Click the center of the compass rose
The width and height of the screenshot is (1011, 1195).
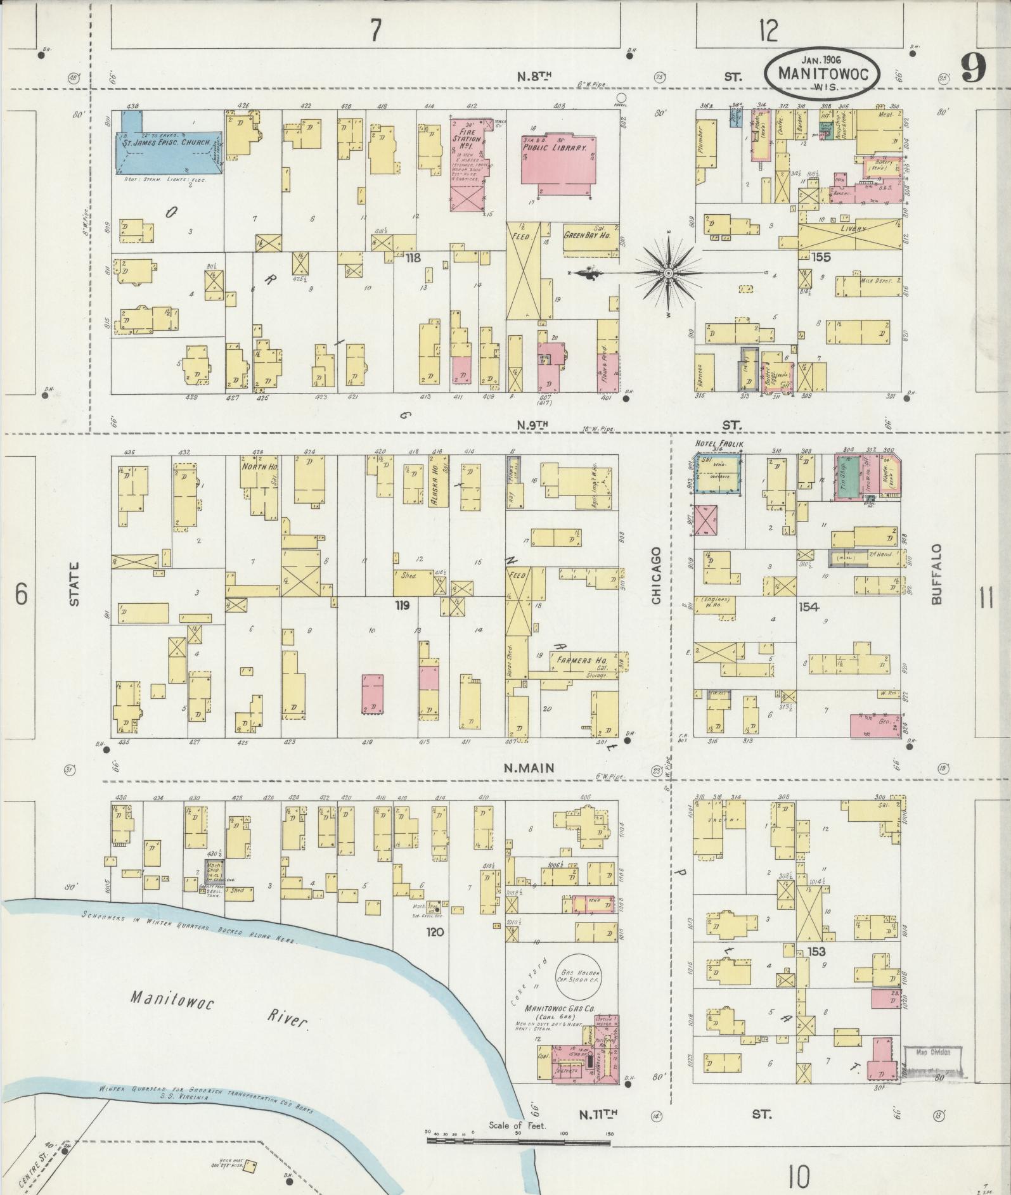click(x=668, y=273)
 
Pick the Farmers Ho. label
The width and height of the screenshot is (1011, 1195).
click(x=581, y=661)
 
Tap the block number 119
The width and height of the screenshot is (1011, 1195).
click(x=402, y=606)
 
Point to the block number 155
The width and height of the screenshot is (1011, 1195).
click(x=821, y=257)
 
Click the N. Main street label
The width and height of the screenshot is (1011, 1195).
click(x=529, y=768)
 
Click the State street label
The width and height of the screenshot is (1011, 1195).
click(x=74, y=584)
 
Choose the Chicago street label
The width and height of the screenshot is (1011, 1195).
click(x=656, y=575)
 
